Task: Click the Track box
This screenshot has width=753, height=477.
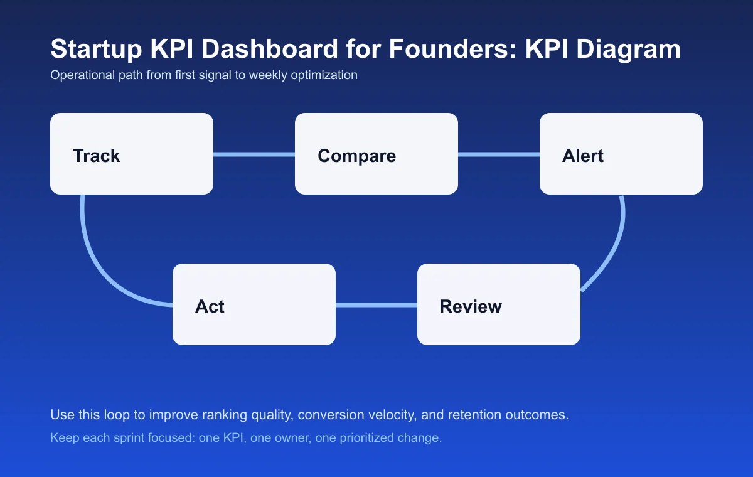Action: [x=132, y=154]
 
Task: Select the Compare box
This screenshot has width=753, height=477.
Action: [x=376, y=154]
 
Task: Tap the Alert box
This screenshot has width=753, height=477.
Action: [x=621, y=154]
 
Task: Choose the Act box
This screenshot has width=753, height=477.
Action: [x=254, y=304]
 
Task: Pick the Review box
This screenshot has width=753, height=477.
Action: [x=499, y=304]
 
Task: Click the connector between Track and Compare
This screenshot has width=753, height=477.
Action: [x=254, y=154]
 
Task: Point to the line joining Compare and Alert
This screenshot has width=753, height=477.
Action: [x=499, y=154]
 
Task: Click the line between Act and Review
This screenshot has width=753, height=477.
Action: [x=376, y=305]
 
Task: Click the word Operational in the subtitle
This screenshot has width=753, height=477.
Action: [x=78, y=75]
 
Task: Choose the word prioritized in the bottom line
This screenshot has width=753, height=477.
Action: [x=368, y=438]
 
